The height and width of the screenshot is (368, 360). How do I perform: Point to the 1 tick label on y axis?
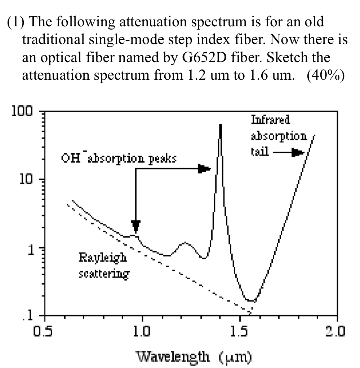coord(30,249)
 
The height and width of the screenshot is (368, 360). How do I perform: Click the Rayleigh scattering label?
coord(103,266)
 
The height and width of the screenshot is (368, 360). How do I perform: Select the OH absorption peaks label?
coord(119,159)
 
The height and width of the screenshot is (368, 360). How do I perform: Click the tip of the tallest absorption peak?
coord(220,125)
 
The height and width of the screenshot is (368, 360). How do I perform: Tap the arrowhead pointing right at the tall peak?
coord(204,168)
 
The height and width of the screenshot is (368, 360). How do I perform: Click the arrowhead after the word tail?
coord(298,153)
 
